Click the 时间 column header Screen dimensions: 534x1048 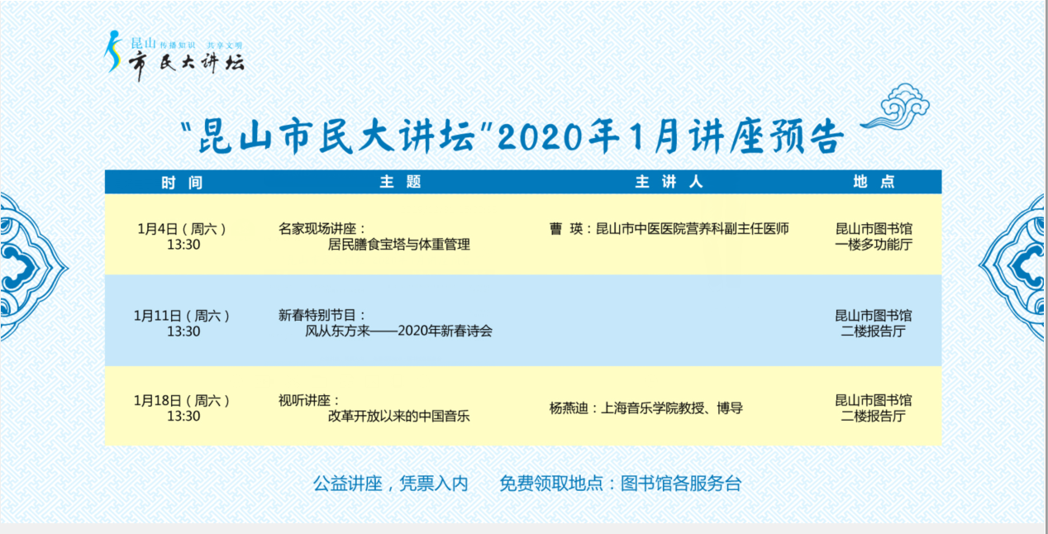[182, 182]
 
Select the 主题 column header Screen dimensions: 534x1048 [400, 182]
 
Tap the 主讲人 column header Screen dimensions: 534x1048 [669, 182]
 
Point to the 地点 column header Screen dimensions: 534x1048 [874, 182]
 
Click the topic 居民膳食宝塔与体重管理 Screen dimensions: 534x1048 [398, 245]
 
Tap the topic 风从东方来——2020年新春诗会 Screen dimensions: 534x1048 [398, 331]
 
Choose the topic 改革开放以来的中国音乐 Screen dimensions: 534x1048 [398, 416]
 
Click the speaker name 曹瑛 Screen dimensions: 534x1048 [567, 229]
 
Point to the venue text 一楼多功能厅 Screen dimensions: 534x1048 [874, 245]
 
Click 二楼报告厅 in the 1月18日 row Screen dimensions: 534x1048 [874, 416]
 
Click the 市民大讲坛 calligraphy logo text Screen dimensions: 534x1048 [186, 64]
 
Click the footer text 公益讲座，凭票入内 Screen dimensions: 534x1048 [390, 484]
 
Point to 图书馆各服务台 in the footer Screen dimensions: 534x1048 [681, 484]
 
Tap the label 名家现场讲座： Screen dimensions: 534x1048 [322, 229]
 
